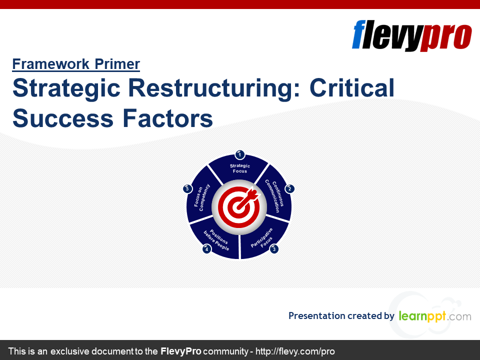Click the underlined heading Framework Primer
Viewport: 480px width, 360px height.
[76, 64]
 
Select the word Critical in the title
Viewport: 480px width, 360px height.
[352, 87]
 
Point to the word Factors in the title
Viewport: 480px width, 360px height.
[167, 118]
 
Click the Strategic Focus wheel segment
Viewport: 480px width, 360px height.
[239, 168]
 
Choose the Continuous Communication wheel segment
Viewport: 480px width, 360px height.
[275, 194]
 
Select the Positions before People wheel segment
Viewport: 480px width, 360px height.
[216, 240]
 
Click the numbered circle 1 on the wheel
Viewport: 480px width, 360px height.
[239, 155]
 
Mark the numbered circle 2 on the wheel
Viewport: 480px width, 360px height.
[289, 189]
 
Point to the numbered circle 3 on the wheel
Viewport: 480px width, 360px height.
[274, 249]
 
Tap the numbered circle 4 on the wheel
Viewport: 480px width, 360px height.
[206, 249]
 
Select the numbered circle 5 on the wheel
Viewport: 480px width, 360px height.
[187, 189]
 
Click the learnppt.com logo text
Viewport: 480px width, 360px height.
[435, 316]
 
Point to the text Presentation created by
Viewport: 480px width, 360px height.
[341, 315]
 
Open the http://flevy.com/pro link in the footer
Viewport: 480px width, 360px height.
[295, 351]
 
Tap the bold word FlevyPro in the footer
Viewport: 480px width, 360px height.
[181, 351]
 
